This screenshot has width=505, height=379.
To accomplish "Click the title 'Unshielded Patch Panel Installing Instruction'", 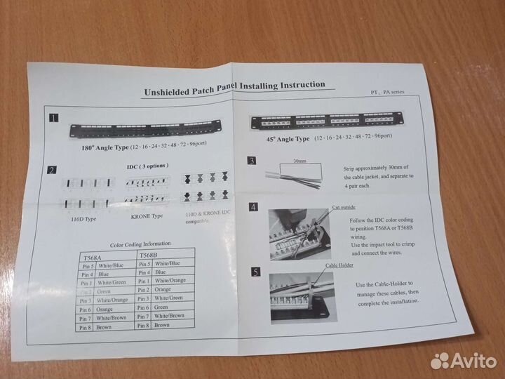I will (x=234, y=88).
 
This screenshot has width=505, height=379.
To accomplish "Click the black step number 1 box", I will (x=54, y=119).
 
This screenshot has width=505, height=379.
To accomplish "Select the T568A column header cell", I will (x=105, y=257).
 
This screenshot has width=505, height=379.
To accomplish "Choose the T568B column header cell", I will (x=166, y=254).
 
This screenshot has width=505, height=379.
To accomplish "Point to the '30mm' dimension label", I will (x=300, y=161).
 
